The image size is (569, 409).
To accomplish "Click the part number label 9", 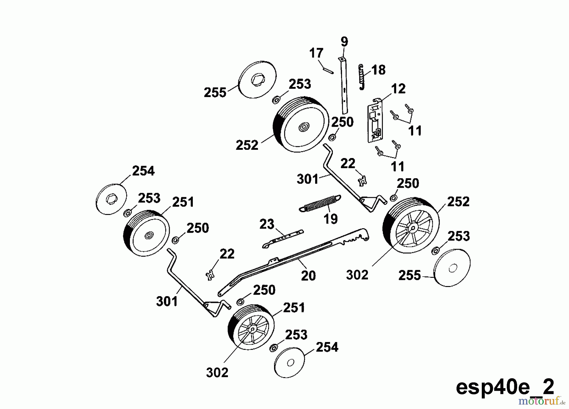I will (x=344, y=42).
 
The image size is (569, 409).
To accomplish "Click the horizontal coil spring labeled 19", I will (x=320, y=203).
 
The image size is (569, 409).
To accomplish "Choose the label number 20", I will (x=308, y=276).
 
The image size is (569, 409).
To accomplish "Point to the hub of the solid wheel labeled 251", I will (x=149, y=235).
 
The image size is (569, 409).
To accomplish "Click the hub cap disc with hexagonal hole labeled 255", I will (x=257, y=80).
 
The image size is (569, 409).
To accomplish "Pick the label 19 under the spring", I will (x=331, y=219).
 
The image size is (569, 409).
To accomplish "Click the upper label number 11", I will (x=415, y=131).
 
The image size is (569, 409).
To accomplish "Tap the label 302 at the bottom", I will (x=217, y=373).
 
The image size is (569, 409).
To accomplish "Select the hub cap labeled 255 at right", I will (x=452, y=268).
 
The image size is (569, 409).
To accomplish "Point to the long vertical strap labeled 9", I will (x=344, y=85).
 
